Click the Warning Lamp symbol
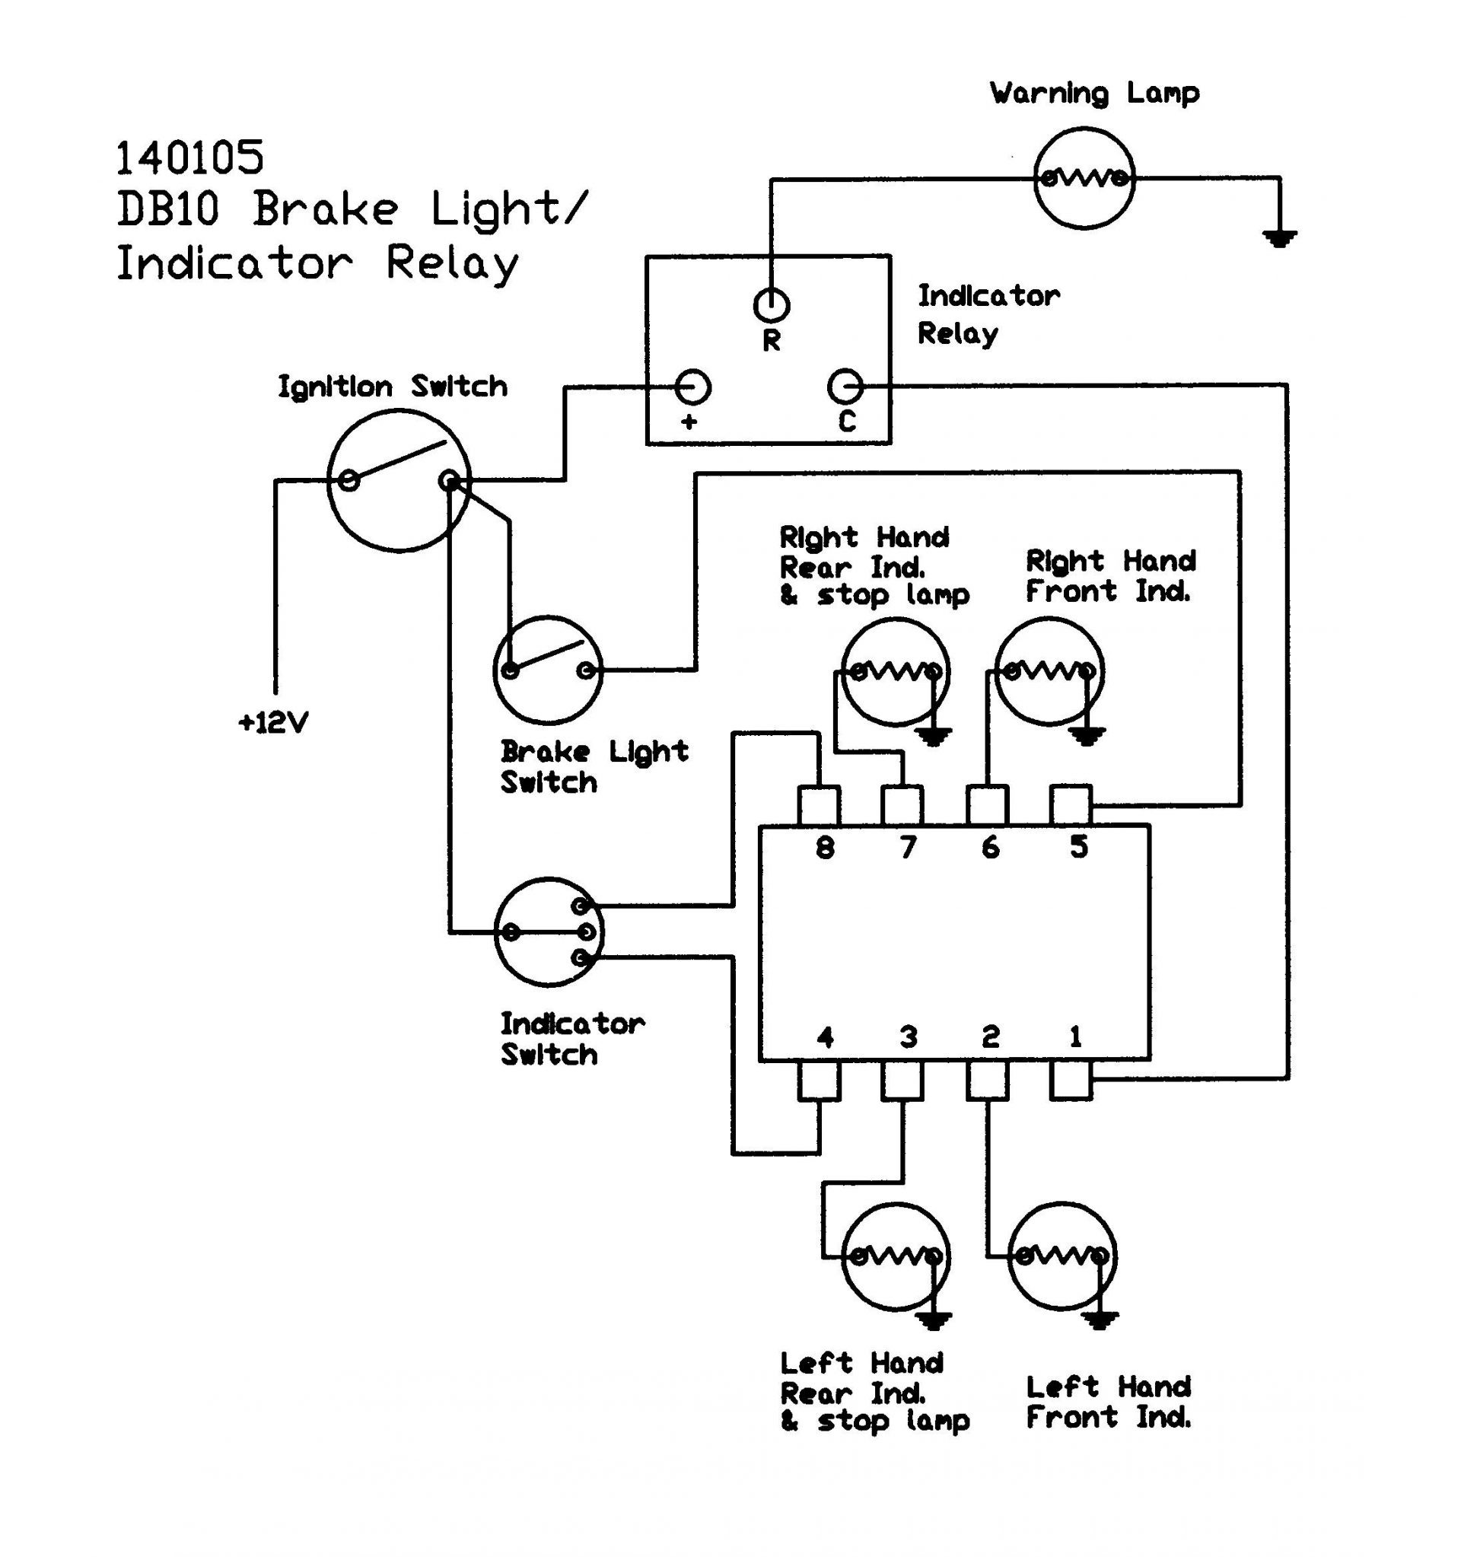pyautogui.click(x=1084, y=178)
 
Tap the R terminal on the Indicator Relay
pyautogui.click(x=772, y=304)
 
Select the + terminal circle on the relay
pyautogui.click(x=692, y=387)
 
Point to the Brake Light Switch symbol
pyautogui.click(x=548, y=670)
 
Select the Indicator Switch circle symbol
pyautogui.click(x=548, y=932)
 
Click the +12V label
pyautogui.click(x=273, y=722)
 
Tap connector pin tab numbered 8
pyautogui.click(x=819, y=805)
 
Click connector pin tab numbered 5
pyautogui.click(x=1071, y=805)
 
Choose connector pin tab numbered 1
pyautogui.click(x=1071, y=1081)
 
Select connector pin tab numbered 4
pyautogui.click(x=819, y=1081)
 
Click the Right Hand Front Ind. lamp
pyautogui.click(x=1049, y=671)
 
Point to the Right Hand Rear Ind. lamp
pyautogui.click(x=896, y=671)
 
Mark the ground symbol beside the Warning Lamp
pyautogui.click(x=1279, y=237)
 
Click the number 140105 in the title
pyautogui.click(x=189, y=158)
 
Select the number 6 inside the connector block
pyautogui.click(x=991, y=847)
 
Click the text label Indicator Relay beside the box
pyautogui.click(x=988, y=315)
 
